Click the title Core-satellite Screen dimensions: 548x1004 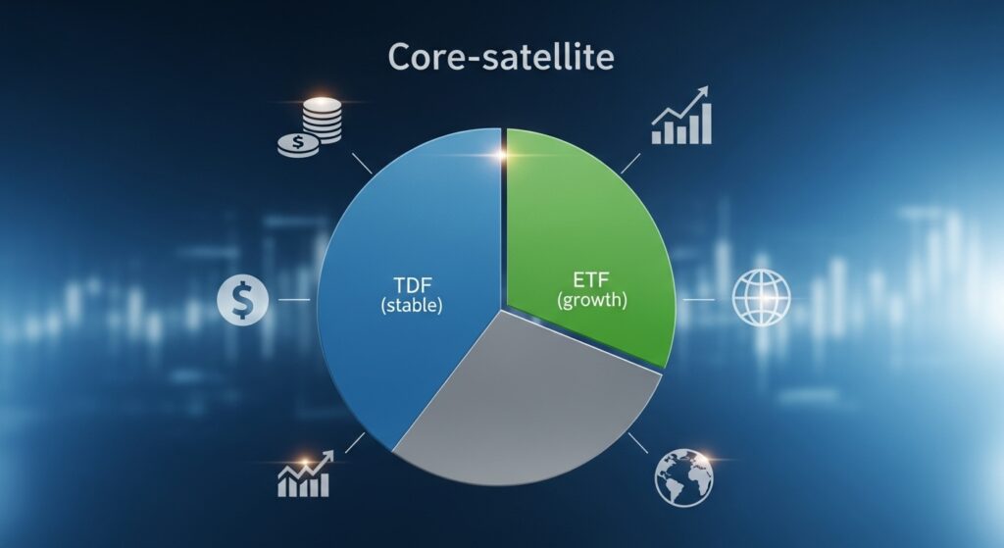(x=501, y=57)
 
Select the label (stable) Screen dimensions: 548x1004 (x=410, y=306)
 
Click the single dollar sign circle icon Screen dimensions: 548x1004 (x=240, y=299)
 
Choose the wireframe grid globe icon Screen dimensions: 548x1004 (x=762, y=299)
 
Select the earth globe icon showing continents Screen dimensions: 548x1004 (x=683, y=477)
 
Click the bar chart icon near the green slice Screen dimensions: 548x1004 (x=682, y=118)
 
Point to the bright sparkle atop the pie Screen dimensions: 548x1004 (x=503, y=152)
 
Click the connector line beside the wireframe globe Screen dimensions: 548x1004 (x=704, y=299)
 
